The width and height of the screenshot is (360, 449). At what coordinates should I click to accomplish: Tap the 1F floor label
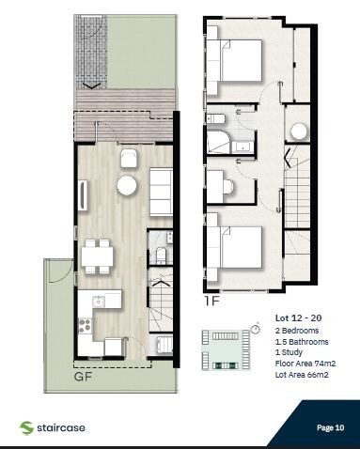pyautogui.click(x=213, y=302)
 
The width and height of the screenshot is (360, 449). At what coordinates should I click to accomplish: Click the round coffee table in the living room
pyautogui.click(x=127, y=186)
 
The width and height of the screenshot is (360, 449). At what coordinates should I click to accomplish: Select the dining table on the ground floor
pyautogui.click(x=96, y=255)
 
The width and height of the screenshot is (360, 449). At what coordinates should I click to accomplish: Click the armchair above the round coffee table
pyautogui.click(x=128, y=157)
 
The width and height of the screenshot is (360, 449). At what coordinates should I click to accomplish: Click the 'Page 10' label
pyautogui.click(x=330, y=426)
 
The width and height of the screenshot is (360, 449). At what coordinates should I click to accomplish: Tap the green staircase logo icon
pyautogui.click(x=26, y=427)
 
